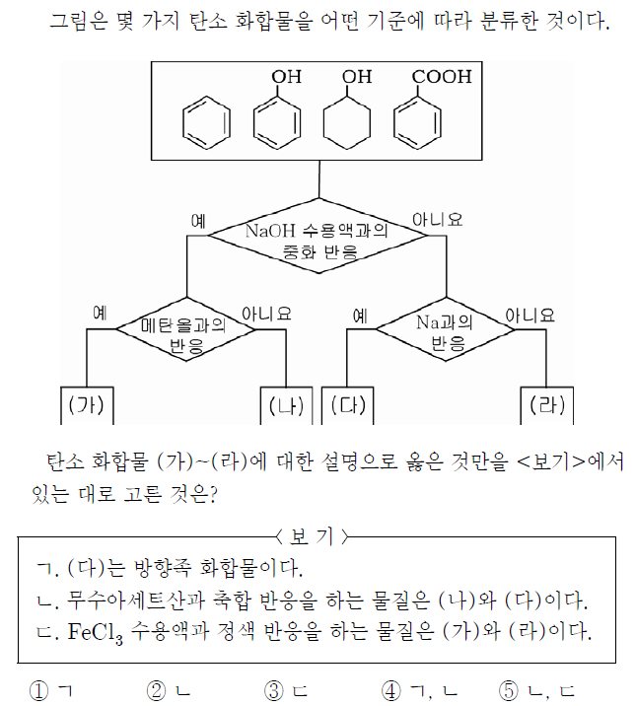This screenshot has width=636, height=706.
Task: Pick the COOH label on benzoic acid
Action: (442, 77)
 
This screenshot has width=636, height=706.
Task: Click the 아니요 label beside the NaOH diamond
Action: (437, 220)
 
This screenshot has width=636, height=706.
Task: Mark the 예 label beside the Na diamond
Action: (360, 316)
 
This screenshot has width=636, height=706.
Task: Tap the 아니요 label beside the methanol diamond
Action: (266, 314)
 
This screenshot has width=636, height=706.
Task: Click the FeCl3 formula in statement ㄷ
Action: (95, 632)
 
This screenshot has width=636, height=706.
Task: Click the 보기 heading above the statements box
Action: (312, 536)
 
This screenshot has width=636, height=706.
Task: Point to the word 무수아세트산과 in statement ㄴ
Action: (136, 600)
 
